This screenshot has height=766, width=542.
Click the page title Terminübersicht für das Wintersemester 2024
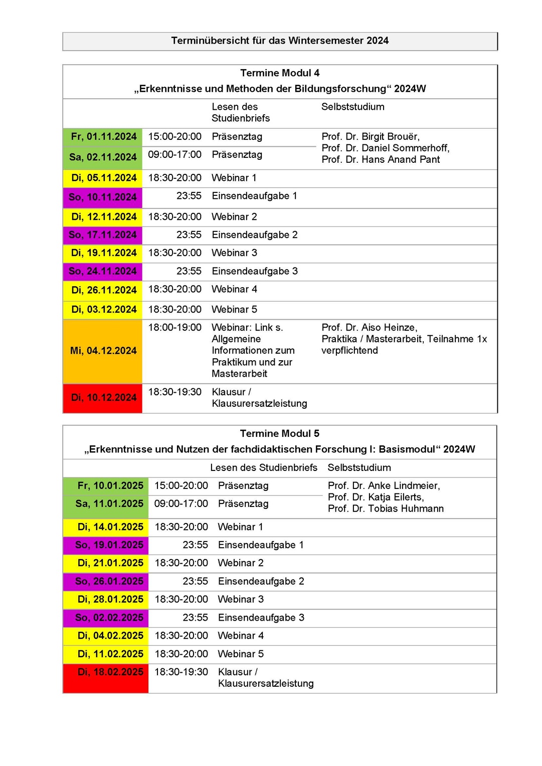point(280,41)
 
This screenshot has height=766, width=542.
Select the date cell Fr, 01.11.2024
point(103,137)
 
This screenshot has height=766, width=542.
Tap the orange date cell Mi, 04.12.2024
point(103,351)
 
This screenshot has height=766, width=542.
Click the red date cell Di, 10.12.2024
point(103,398)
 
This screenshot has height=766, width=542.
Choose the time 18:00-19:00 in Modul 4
point(174,328)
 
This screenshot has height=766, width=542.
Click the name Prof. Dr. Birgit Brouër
point(371,137)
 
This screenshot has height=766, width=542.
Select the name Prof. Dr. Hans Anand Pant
point(381,160)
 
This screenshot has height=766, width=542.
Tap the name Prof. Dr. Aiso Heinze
point(369,328)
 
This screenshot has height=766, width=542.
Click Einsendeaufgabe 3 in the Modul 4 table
point(255,271)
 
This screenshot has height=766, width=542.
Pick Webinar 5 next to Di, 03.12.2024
point(234,310)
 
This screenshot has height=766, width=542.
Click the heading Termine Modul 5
point(279,433)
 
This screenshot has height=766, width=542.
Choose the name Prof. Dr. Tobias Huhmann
point(386,509)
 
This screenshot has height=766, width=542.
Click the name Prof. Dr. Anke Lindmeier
point(384,486)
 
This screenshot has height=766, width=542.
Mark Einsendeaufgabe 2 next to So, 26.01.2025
point(261,582)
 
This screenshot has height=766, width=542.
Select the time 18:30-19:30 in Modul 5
point(181,672)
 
